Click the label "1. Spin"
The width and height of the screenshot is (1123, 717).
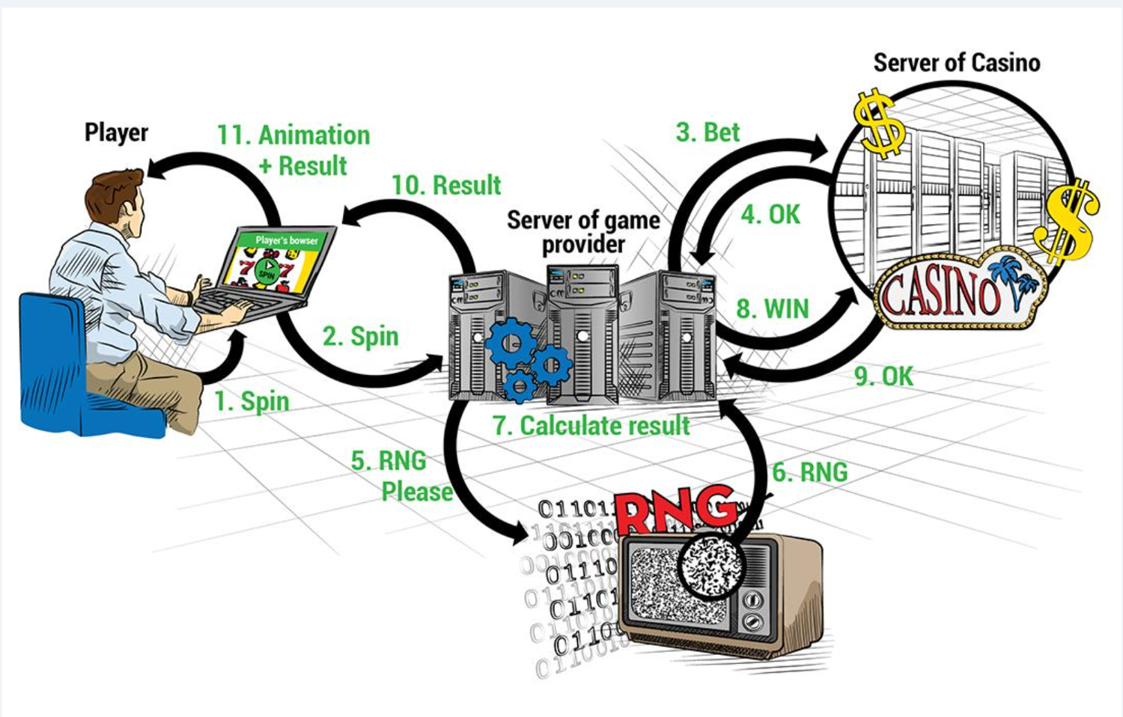[252, 401]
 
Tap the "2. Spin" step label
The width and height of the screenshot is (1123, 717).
[360, 336]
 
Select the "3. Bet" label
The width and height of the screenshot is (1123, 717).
[707, 132]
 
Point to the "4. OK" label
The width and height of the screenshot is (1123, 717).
[770, 215]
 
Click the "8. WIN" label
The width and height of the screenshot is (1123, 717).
[773, 308]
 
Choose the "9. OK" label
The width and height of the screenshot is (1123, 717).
[883, 376]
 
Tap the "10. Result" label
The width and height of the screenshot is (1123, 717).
[446, 185]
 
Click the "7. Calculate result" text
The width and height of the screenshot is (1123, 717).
[591, 425]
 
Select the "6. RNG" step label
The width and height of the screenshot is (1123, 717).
[809, 472]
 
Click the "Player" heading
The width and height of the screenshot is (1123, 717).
[116, 132]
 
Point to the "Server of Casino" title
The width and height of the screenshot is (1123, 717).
[956, 63]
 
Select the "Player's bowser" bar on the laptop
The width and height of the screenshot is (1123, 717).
[285, 240]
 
